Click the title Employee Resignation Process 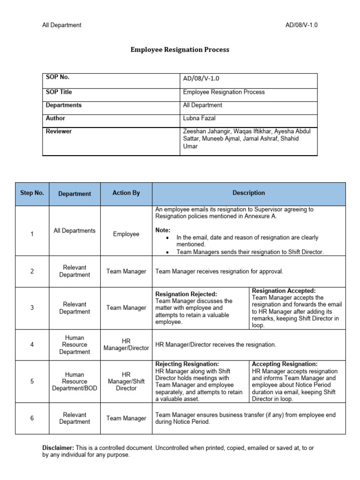(x=180, y=49)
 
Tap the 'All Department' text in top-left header (x=62, y=25)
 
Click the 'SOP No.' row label (x=58, y=77)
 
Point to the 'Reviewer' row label (x=59, y=131)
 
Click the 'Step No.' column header (x=32, y=193)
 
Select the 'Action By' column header (x=126, y=193)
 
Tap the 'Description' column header (x=248, y=193)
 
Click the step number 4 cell (x=32, y=345)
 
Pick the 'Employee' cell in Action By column (x=126, y=234)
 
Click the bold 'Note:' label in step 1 (x=163, y=230)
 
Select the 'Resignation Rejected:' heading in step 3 (x=186, y=294)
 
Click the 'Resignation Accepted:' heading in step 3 (x=284, y=291)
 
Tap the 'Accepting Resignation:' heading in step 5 (x=285, y=364)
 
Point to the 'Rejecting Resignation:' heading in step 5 (x=187, y=364)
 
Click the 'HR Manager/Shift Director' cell (x=126, y=381)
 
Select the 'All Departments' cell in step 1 (x=75, y=231)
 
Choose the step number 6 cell (x=32, y=418)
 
